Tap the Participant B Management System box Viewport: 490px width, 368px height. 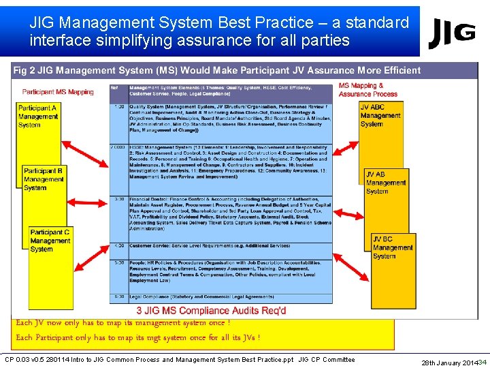click(44, 179)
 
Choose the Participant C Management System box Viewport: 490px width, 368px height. click(50, 241)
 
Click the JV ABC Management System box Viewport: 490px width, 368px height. click(381, 116)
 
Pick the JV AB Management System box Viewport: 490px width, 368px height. click(386, 183)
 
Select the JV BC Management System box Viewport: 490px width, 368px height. click(393, 247)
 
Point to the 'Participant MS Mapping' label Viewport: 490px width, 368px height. click(58, 92)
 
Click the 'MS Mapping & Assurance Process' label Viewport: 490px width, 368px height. click(367, 90)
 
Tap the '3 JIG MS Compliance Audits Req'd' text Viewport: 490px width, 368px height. click(212, 311)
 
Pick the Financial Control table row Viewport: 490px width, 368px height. click(221, 215)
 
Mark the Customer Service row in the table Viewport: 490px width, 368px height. click(221, 246)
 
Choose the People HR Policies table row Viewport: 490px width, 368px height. click(221, 271)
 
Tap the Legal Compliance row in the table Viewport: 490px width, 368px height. click(221, 297)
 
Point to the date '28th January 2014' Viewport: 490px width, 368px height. click(448, 362)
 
